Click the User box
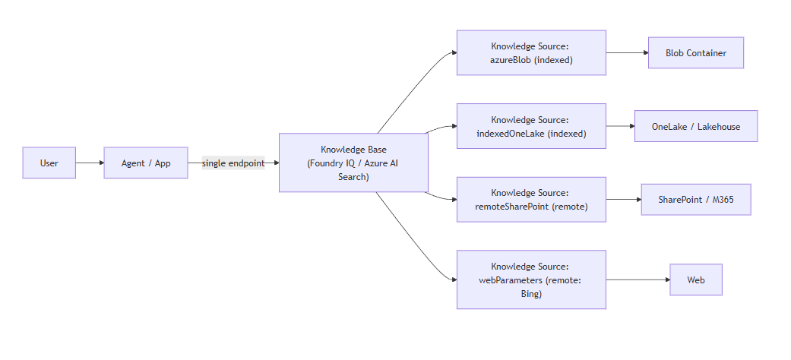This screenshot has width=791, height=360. (x=49, y=163)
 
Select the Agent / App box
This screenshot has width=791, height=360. (x=146, y=163)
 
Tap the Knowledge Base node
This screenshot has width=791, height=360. (x=353, y=163)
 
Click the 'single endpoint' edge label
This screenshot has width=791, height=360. (x=233, y=163)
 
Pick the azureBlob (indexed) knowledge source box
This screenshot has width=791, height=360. (x=531, y=52)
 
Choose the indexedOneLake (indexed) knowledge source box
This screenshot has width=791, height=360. (x=531, y=126)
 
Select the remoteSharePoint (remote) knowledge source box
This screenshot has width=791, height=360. (x=531, y=199)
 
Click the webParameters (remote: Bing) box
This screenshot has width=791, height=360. (x=531, y=279)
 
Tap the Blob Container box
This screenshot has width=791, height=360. (x=695, y=52)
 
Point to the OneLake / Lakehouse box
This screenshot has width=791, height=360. (x=695, y=126)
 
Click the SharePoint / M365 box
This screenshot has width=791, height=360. (x=695, y=199)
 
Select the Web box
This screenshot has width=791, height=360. (x=695, y=279)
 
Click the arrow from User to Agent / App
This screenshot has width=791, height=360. (x=90, y=163)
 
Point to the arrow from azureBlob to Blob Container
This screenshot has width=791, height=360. (x=627, y=52)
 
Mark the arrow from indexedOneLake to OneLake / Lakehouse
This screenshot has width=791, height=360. (x=620, y=126)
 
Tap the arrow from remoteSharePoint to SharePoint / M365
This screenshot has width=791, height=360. (x=623, y=199)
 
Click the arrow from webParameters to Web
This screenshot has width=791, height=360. (x=638, y=279)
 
